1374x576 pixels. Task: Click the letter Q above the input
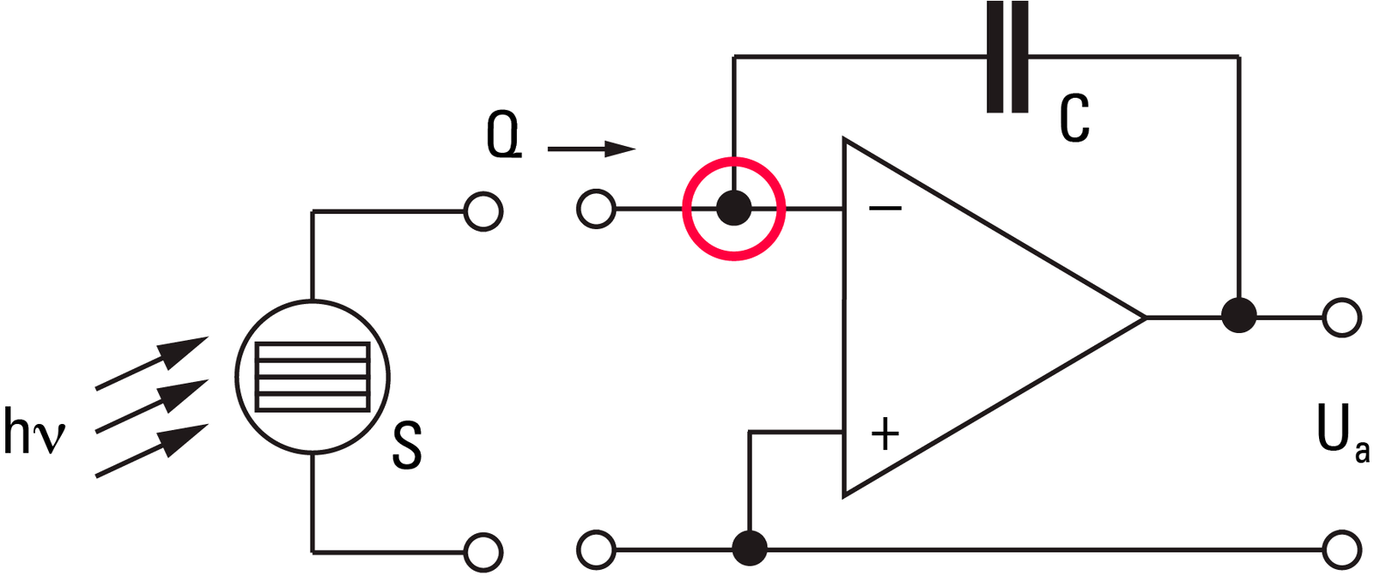click(x=503, y=138)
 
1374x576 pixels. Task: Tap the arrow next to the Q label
click(x=592, y=149)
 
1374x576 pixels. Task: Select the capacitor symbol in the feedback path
click(x=1007, y=57)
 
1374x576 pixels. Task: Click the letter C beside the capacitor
click(x=1074, y=118)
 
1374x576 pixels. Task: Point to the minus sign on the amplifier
click(x=885, y=209)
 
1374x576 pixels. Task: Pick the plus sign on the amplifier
click(x=885, y=434)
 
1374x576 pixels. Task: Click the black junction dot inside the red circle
click(x=733, y=208)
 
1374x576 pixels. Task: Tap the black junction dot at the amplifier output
click(x=1239, y=316)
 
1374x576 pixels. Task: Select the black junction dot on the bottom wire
click(x=750, y=548)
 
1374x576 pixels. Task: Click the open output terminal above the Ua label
click(x=1342, y=317)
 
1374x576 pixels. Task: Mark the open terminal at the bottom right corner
click(x=1342, y=549)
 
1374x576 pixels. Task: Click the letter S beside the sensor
click(x=407, y=446)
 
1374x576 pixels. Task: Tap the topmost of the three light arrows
click(x=152, y=362)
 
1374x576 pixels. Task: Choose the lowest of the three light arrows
click(x=152, y=451)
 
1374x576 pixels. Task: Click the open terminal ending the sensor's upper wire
click(x=483, y=212)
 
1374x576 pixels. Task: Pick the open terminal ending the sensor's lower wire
click(x=483, y=552)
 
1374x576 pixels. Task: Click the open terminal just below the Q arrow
click(x=596, y=209)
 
